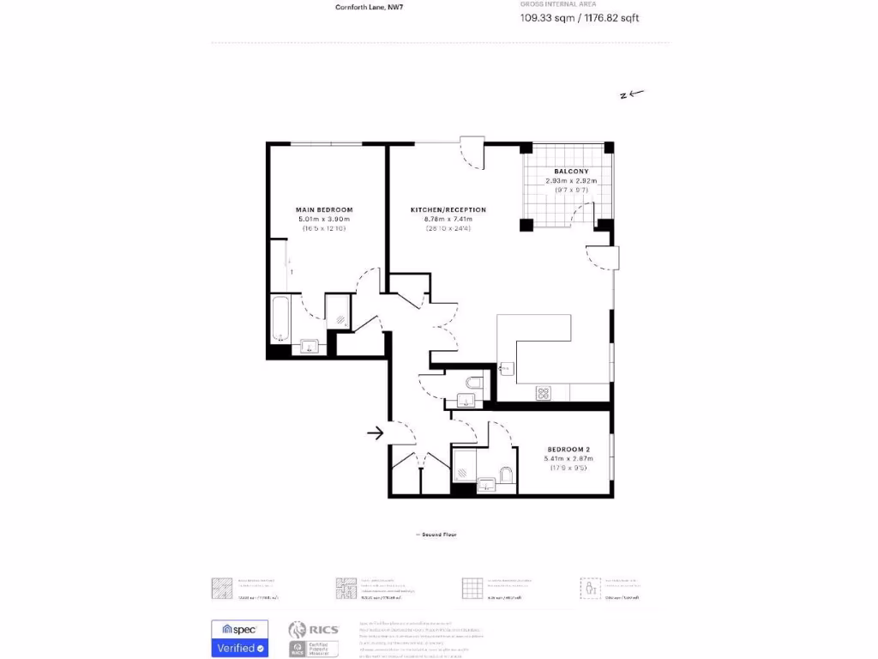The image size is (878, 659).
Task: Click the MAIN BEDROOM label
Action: pyautogui.click(x=324, y=209)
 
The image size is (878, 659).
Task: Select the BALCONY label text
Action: pyautogui.click(x=571, y=172)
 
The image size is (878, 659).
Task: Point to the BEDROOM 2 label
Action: pyautogui.click(x=568, y=449)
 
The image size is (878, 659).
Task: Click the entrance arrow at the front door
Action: pyautogui.click(x=375, y=433)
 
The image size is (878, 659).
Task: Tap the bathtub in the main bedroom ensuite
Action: pyautogui.click(x=281, y=319)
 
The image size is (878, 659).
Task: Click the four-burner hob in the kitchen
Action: pyautogui.click(x=543, y=393)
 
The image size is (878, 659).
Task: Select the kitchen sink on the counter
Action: pyautogui.click(x=506, y=369)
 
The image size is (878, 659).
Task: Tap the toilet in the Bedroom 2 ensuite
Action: pyautogui.click(x=506, y=475)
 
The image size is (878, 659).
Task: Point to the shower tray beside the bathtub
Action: pyautogui.click(x=338, y=314)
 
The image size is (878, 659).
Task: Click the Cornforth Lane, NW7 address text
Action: pyautogui.click(x=369, y=7)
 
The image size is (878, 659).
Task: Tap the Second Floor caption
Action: pyautogui.click(x=436, y=535)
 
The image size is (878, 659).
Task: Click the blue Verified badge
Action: pyautogui.click(x=240, y=649)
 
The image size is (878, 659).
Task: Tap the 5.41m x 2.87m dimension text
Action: pyautogui.click(x=568, y=459)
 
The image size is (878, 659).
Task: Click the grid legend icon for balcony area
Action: pyautogui.click(x=472, y=588)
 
